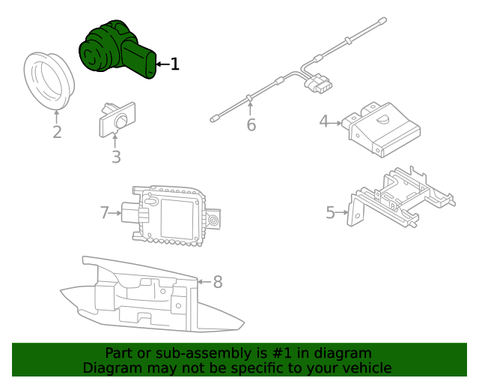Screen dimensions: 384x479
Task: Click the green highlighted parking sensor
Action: (116, 51)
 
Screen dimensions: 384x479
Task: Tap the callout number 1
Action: (175, 64)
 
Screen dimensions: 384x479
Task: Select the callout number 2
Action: (57, 133)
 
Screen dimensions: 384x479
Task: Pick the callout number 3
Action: (116, 157)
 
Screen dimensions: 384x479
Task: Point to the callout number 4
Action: (324, 120)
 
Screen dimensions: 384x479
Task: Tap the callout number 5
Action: (331, 213)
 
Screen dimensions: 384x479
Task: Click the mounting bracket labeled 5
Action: (400, 199)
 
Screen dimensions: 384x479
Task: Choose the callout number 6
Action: (251, 125)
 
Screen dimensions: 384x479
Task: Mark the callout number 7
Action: (105, 213)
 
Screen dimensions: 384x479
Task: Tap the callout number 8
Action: (218, 282)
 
